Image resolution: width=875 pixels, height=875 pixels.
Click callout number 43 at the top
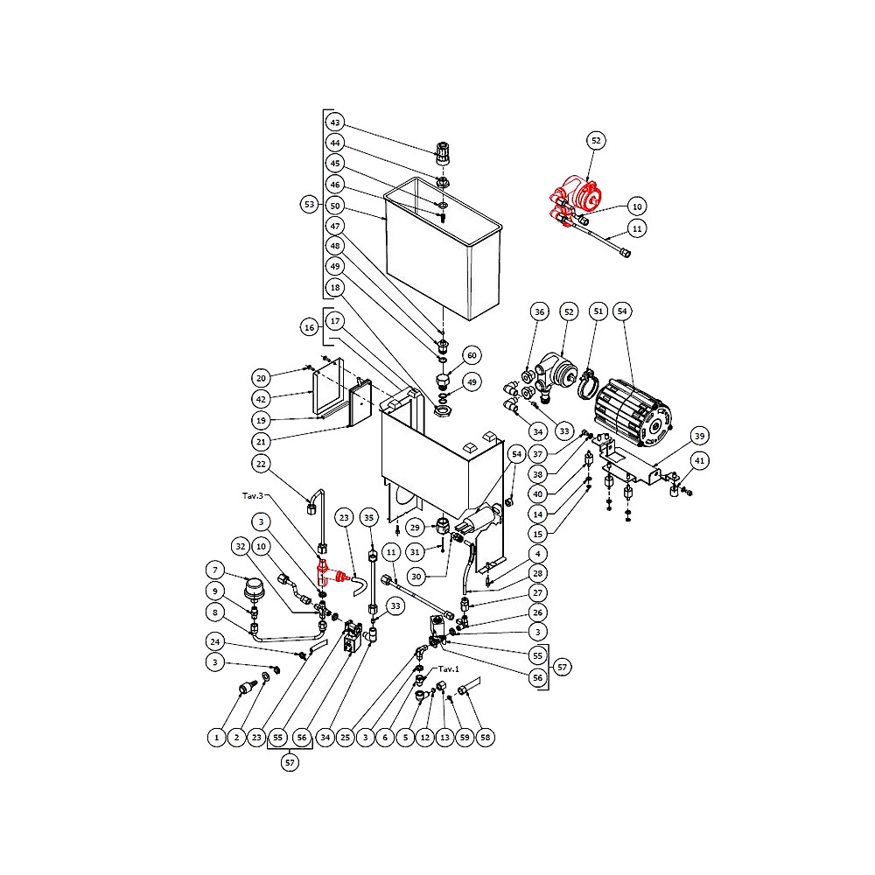point(335,122)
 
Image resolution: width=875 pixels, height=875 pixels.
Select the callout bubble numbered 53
point(309,204)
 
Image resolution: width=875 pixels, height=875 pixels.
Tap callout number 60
point(472,355)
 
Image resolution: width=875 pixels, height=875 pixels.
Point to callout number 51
point(598,311)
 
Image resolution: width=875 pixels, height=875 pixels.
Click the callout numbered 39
point(698,436)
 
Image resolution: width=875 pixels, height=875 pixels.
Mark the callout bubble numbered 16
point(309,326)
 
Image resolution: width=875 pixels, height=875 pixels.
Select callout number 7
point(215,570)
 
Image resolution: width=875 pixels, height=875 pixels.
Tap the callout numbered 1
point(215,738)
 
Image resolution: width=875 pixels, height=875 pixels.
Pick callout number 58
point(486,738)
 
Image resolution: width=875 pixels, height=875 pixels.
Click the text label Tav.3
point(253,495)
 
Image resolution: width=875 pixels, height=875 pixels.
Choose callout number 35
point(369,517)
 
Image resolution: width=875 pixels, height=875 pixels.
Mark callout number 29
point(416,528)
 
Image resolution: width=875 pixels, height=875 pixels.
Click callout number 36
point(540,311)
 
